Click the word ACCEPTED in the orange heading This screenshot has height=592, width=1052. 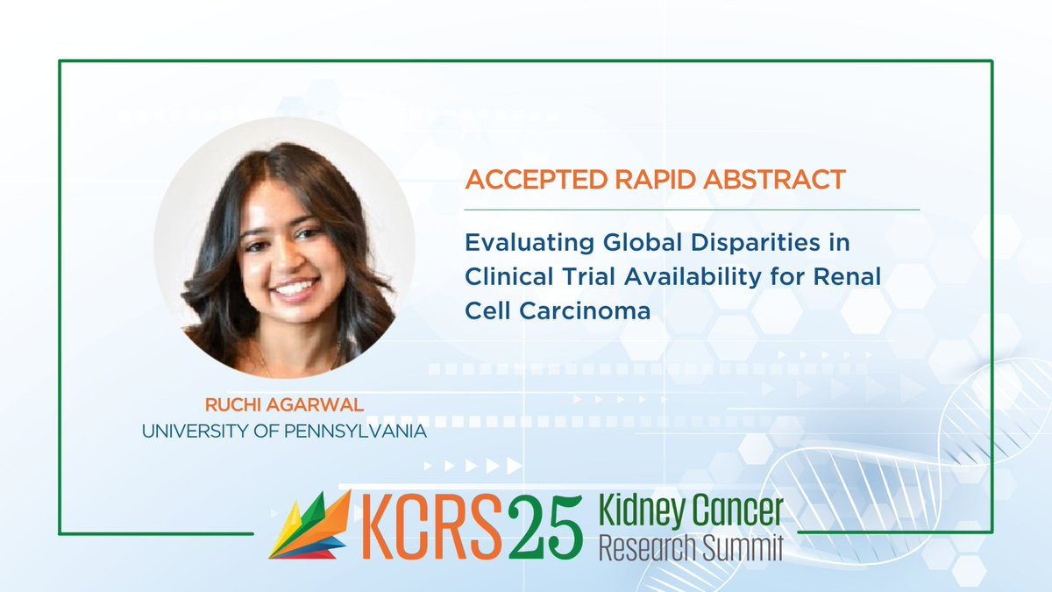(x=536, y=180)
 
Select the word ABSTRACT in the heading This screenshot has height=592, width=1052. (x=774, y=180)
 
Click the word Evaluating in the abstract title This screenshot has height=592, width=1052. (x=530, y=244)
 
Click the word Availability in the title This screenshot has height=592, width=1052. (x=693, y=277)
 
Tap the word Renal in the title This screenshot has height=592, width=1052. (x=847, y=276)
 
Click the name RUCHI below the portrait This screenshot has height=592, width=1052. (x=232, y=405)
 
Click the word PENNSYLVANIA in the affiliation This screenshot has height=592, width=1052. (x=355, y=432)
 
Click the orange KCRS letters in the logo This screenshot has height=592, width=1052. (x=432, y=526)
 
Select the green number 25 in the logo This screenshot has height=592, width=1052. (x=545, y=527)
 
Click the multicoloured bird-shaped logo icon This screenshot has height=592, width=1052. (x=310, y=525)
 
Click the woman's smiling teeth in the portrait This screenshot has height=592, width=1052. (x=295, y=286)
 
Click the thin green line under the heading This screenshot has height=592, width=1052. (x=692, y=210)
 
